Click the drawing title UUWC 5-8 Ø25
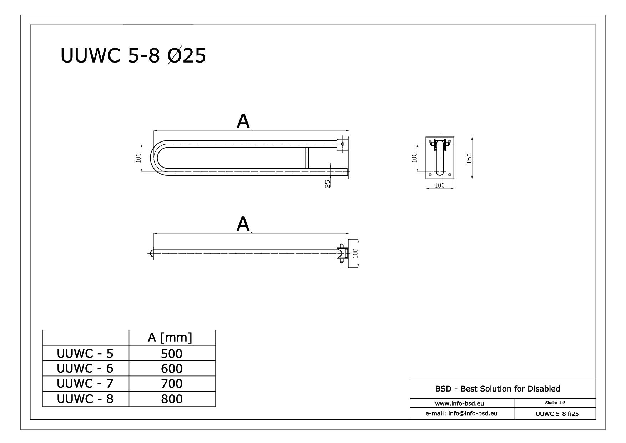133,56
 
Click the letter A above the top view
243,224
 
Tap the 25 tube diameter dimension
328,183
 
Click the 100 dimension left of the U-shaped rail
138,158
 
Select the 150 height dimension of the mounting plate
469,158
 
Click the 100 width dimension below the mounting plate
440,185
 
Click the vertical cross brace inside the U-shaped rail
307,158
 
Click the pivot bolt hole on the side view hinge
343,144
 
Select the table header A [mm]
170,337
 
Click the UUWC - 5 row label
85,353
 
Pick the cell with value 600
172,368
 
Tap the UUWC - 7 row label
85,383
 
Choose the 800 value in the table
172,399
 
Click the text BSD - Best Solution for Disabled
498,389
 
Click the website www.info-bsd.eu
459,404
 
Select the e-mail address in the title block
461,413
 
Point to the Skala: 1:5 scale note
555,403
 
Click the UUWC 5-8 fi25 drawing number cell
557,414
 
